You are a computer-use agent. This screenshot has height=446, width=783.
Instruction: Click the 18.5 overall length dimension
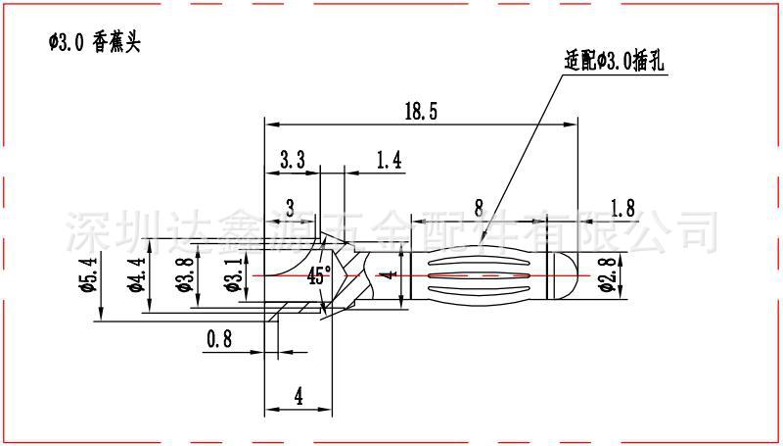(421, 112)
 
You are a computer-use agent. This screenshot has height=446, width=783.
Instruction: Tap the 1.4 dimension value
(389, 159)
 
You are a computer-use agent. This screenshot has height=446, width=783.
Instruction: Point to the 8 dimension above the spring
(478, 207)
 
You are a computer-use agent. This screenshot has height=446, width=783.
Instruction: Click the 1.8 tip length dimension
(622, 207)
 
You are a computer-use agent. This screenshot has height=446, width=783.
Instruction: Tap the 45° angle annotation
(319, 275)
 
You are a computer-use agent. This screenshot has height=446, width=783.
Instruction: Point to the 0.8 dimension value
(219, 339)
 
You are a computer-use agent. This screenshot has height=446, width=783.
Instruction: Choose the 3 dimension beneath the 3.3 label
(290, 207)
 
